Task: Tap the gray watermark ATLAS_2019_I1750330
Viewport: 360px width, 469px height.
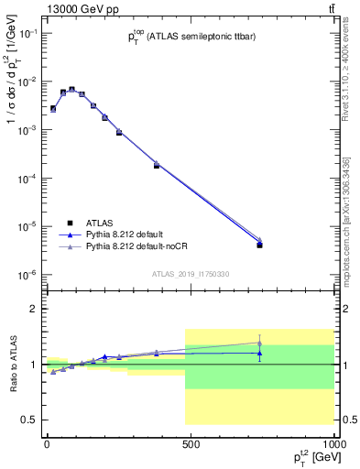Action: [x=191, y=274]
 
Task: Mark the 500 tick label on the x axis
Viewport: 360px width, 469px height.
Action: [x=191, y=443]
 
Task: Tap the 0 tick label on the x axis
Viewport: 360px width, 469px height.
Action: [x=47, y=443]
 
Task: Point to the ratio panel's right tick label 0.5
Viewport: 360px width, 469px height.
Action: [x=349, y=420]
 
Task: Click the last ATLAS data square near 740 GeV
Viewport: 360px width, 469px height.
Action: [x=260, y=245]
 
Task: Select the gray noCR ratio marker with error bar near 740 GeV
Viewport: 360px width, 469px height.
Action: [x=260, y=343]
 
